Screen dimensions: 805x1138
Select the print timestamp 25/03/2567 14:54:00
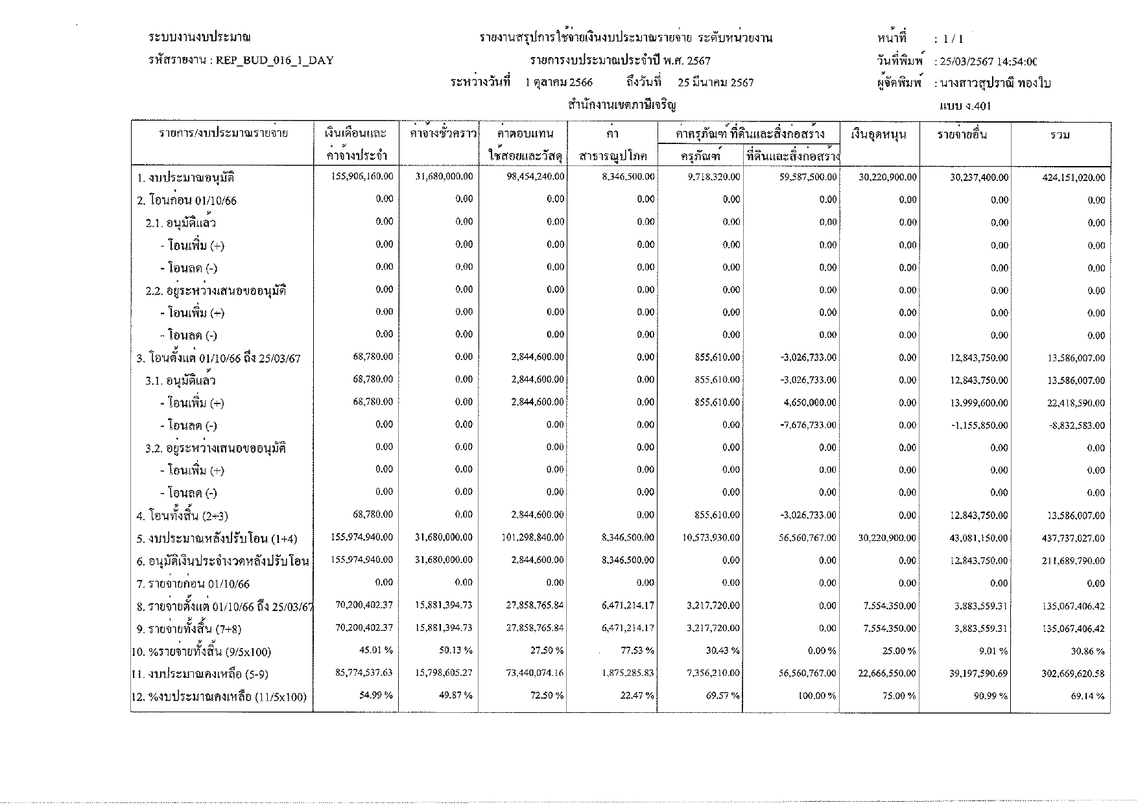986,62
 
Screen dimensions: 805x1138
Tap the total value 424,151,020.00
1073,178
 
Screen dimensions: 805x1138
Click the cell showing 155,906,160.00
362,176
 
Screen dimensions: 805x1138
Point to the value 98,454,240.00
535,176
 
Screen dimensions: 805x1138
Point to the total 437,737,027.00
1073,538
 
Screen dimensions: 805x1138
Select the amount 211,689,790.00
1073,561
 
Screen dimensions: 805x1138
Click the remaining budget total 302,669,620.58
1073,674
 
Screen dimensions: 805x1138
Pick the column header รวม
1060,135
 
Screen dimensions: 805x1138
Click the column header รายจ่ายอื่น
962,135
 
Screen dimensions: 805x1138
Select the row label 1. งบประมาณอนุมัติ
185,178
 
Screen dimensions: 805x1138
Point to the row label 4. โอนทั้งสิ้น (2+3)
182,516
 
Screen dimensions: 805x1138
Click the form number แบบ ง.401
964,106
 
